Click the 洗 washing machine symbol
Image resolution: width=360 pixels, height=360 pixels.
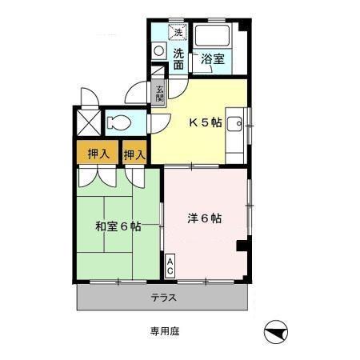point(179,32)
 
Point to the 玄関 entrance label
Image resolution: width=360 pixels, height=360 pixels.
point(160,94)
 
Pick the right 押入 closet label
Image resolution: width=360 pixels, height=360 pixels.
point(134,152)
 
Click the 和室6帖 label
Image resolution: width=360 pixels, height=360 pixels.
point(118,226)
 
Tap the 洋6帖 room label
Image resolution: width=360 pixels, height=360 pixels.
point(206,218)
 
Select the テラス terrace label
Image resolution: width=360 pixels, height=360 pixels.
point(163,298)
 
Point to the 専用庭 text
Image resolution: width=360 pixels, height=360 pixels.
point(162,330)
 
